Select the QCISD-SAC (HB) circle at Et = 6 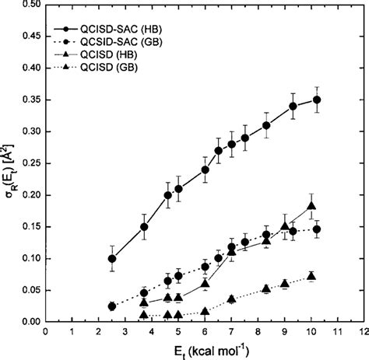[206, 170]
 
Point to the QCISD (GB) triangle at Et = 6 [206, 311]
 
